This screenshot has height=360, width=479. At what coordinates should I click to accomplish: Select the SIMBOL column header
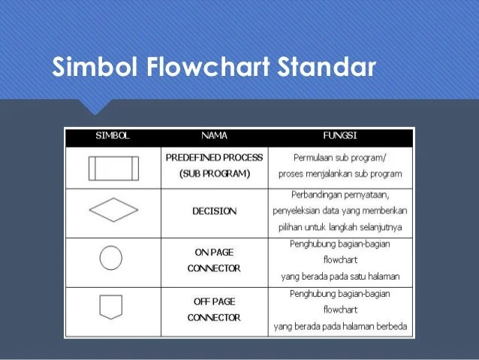pyautogui.click(x=113, y=137)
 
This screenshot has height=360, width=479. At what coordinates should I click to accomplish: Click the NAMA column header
pyautogui.click(x=214, y=137)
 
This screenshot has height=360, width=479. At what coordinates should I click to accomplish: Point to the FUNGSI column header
pyautogui.click(x=339, y=137)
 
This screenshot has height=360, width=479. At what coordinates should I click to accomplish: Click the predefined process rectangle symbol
pyautogui.click(x=113, y=167)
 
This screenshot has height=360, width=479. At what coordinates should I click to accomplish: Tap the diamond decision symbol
pyautogui.click(x=113, y=210)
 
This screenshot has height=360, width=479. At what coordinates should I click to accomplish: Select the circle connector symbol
pyautogui.click(x=111, y=258)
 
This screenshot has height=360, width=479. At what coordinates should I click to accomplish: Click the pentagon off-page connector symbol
pyautogui.click(x=111, y=307)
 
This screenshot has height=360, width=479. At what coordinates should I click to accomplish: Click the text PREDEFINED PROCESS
pyautogui.click(x=214, y=158)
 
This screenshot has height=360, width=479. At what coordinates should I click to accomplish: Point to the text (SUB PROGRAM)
pyautogui.click(x=214, y=174)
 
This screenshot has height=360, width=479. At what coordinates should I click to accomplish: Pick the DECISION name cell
pyautogui.click(x=214, y=211)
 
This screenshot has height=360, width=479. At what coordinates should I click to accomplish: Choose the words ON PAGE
pyautogui.click(x=214, y=253)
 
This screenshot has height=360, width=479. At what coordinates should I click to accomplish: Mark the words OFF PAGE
pyautogui.click(x=214, y=301)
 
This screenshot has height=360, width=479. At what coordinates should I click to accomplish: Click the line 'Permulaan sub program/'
pyautogui.click(x=339, y=158)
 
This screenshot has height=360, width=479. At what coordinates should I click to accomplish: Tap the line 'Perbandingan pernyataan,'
pyautogui.click(x=339, y=195)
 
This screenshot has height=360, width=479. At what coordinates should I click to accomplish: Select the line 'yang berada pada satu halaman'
pyautogui.click(x=339, y=276)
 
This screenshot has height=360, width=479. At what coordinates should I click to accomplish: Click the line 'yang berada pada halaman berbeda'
pyautogui.click(x=339, y=325)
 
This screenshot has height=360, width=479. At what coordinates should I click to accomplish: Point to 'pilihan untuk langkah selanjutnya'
pyautogui.click(x=339, y=227)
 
